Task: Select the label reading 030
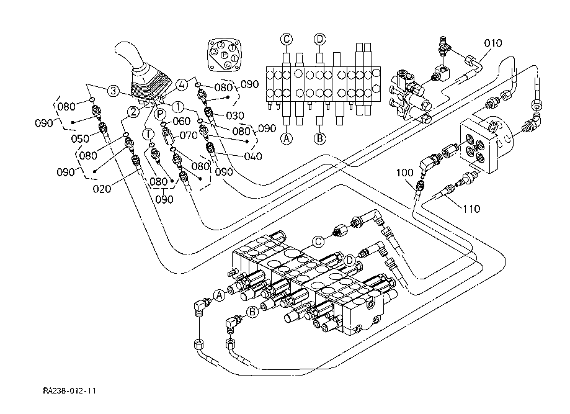(x=234, y=115)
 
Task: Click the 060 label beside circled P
(x=181, y=121)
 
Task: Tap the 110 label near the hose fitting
(x=471, y=209)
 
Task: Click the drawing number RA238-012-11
(x=69, y=391)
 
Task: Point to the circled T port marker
(x=148, y=133)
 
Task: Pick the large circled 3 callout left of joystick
(x=112, y=91)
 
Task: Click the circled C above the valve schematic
(x=287, y=39)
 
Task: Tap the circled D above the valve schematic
(x=319, y=39)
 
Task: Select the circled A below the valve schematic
(x=287, y=138)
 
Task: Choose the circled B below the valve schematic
(x=319, y=138)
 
